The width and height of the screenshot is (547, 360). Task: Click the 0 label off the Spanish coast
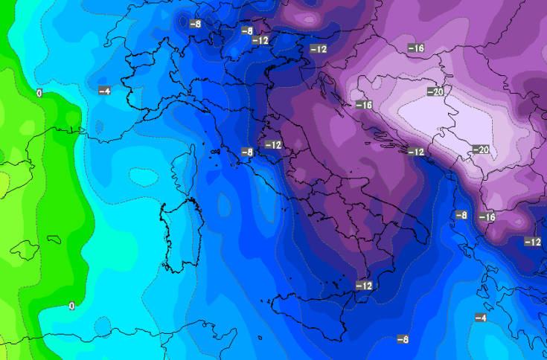tap(38, 93)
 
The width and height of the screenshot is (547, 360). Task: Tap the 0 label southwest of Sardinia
tap(71, 306)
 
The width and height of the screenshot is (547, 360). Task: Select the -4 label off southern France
tap(104, 91)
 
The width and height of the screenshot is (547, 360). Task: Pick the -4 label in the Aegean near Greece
tap(481, 318)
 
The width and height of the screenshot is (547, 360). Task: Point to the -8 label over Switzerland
tap(195, 24)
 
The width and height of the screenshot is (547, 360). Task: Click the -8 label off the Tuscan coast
tap(247, 152)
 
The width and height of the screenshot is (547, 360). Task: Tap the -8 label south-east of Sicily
tap(403, 339)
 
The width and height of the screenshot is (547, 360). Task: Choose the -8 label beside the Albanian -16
tap(461, 215)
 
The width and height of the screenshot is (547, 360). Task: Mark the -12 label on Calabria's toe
tap(364, 286)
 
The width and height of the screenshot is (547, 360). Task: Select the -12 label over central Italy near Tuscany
tap(273, 144)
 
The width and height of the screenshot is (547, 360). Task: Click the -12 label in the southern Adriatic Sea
tap(415, 152)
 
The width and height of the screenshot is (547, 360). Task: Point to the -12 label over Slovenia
tap(318, 49)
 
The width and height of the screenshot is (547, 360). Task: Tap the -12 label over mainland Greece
tap(532, 242)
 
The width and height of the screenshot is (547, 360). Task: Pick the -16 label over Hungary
tap(416, 48)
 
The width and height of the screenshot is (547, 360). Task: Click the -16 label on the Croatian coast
tap(363, 105)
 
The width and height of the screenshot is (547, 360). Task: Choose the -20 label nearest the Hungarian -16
tap(436, 91)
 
